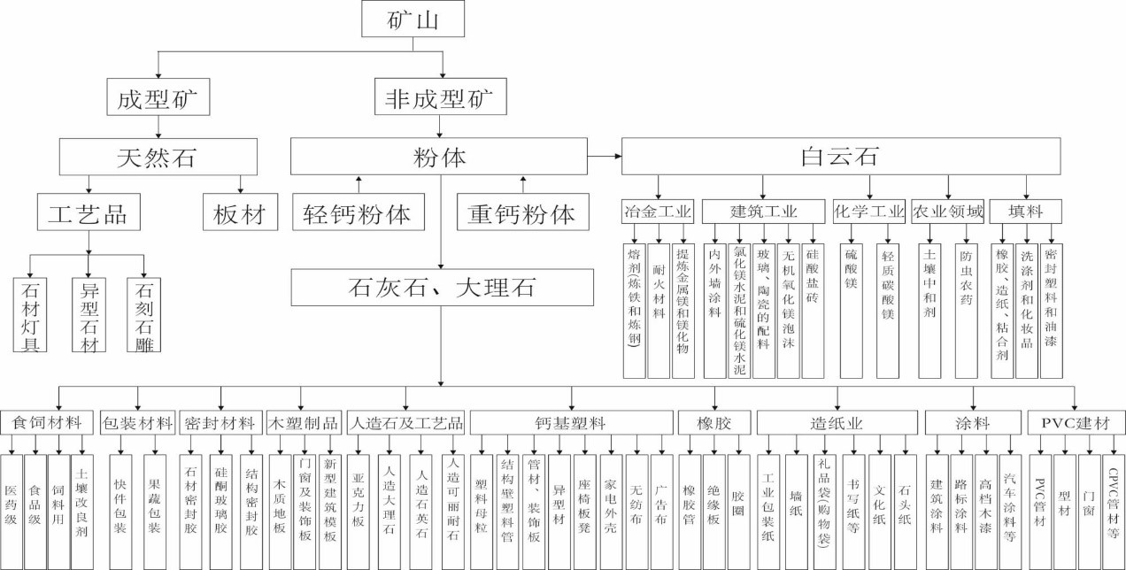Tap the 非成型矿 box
pyautogui.click(x=440, y=96)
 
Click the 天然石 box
pyautogui.click(x=158, y=158)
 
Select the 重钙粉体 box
pyautogui.click(x=521, y=213)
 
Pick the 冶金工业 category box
pyautogui.click(x=658, y=212)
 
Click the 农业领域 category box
pyautogui.click(x=947, y=212)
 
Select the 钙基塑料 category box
pyautogui.click(x=570, y=423)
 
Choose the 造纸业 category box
pyautogui.click(x=837, y=423)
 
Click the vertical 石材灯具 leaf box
pyautogui.click(x=30, y=314)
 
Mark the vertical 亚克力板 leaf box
pyautogui.click(x=359, y=499)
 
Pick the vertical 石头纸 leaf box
pyautogui.click(x=905, y=499)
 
